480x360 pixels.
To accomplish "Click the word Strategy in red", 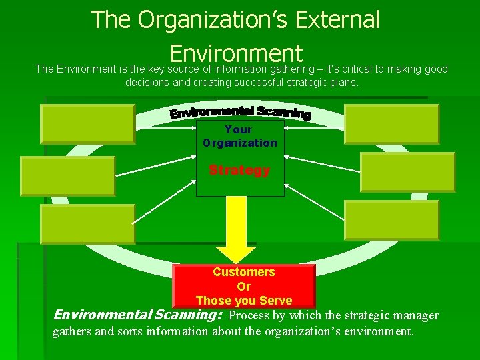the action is click(x=239, y=170).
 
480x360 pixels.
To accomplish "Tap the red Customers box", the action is click(x=243, y=285).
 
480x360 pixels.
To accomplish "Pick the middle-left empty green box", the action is click(x=67, y=175).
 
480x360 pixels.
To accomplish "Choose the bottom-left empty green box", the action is click(x=87, y=223).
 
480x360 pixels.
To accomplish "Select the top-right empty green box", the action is click(x=392, y=124).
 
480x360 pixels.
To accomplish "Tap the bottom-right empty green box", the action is click(x=392, y=220).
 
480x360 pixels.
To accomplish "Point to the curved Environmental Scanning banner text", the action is click(x=240, y=112).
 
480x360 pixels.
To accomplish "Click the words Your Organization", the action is click(x=239, y=136).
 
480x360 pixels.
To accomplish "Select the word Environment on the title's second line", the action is click(x=236, y=53).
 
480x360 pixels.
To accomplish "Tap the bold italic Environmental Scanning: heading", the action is click(x=137, y=315).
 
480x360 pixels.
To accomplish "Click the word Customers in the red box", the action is click(x=243, y=272).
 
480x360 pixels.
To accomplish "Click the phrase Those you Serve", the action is click(x=243, y=300).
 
